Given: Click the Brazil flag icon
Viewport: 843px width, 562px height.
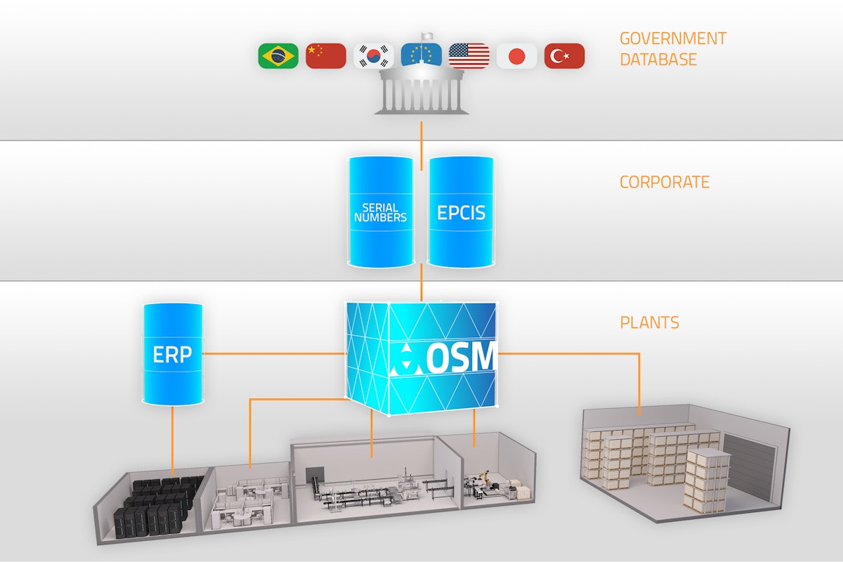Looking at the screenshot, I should [278, 55].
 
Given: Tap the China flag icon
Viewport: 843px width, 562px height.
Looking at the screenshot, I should [326, 55].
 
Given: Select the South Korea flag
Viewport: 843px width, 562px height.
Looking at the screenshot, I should [373, 55].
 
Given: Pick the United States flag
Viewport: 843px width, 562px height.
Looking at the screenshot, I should [469, 55].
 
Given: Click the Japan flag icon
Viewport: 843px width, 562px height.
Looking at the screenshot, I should [516, 55].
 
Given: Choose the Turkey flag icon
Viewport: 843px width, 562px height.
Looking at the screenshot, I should [564, 55].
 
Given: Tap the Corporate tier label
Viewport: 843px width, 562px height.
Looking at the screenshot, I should [664, 183].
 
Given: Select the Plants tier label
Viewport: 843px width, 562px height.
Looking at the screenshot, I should [649, 323].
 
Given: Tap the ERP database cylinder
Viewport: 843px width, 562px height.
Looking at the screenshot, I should [172, 355].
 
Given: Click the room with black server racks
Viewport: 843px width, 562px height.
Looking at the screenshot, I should [158, 502].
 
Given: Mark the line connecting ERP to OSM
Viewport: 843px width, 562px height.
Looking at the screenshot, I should [274, 354].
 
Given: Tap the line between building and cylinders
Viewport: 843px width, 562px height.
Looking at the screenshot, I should [421, 145].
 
